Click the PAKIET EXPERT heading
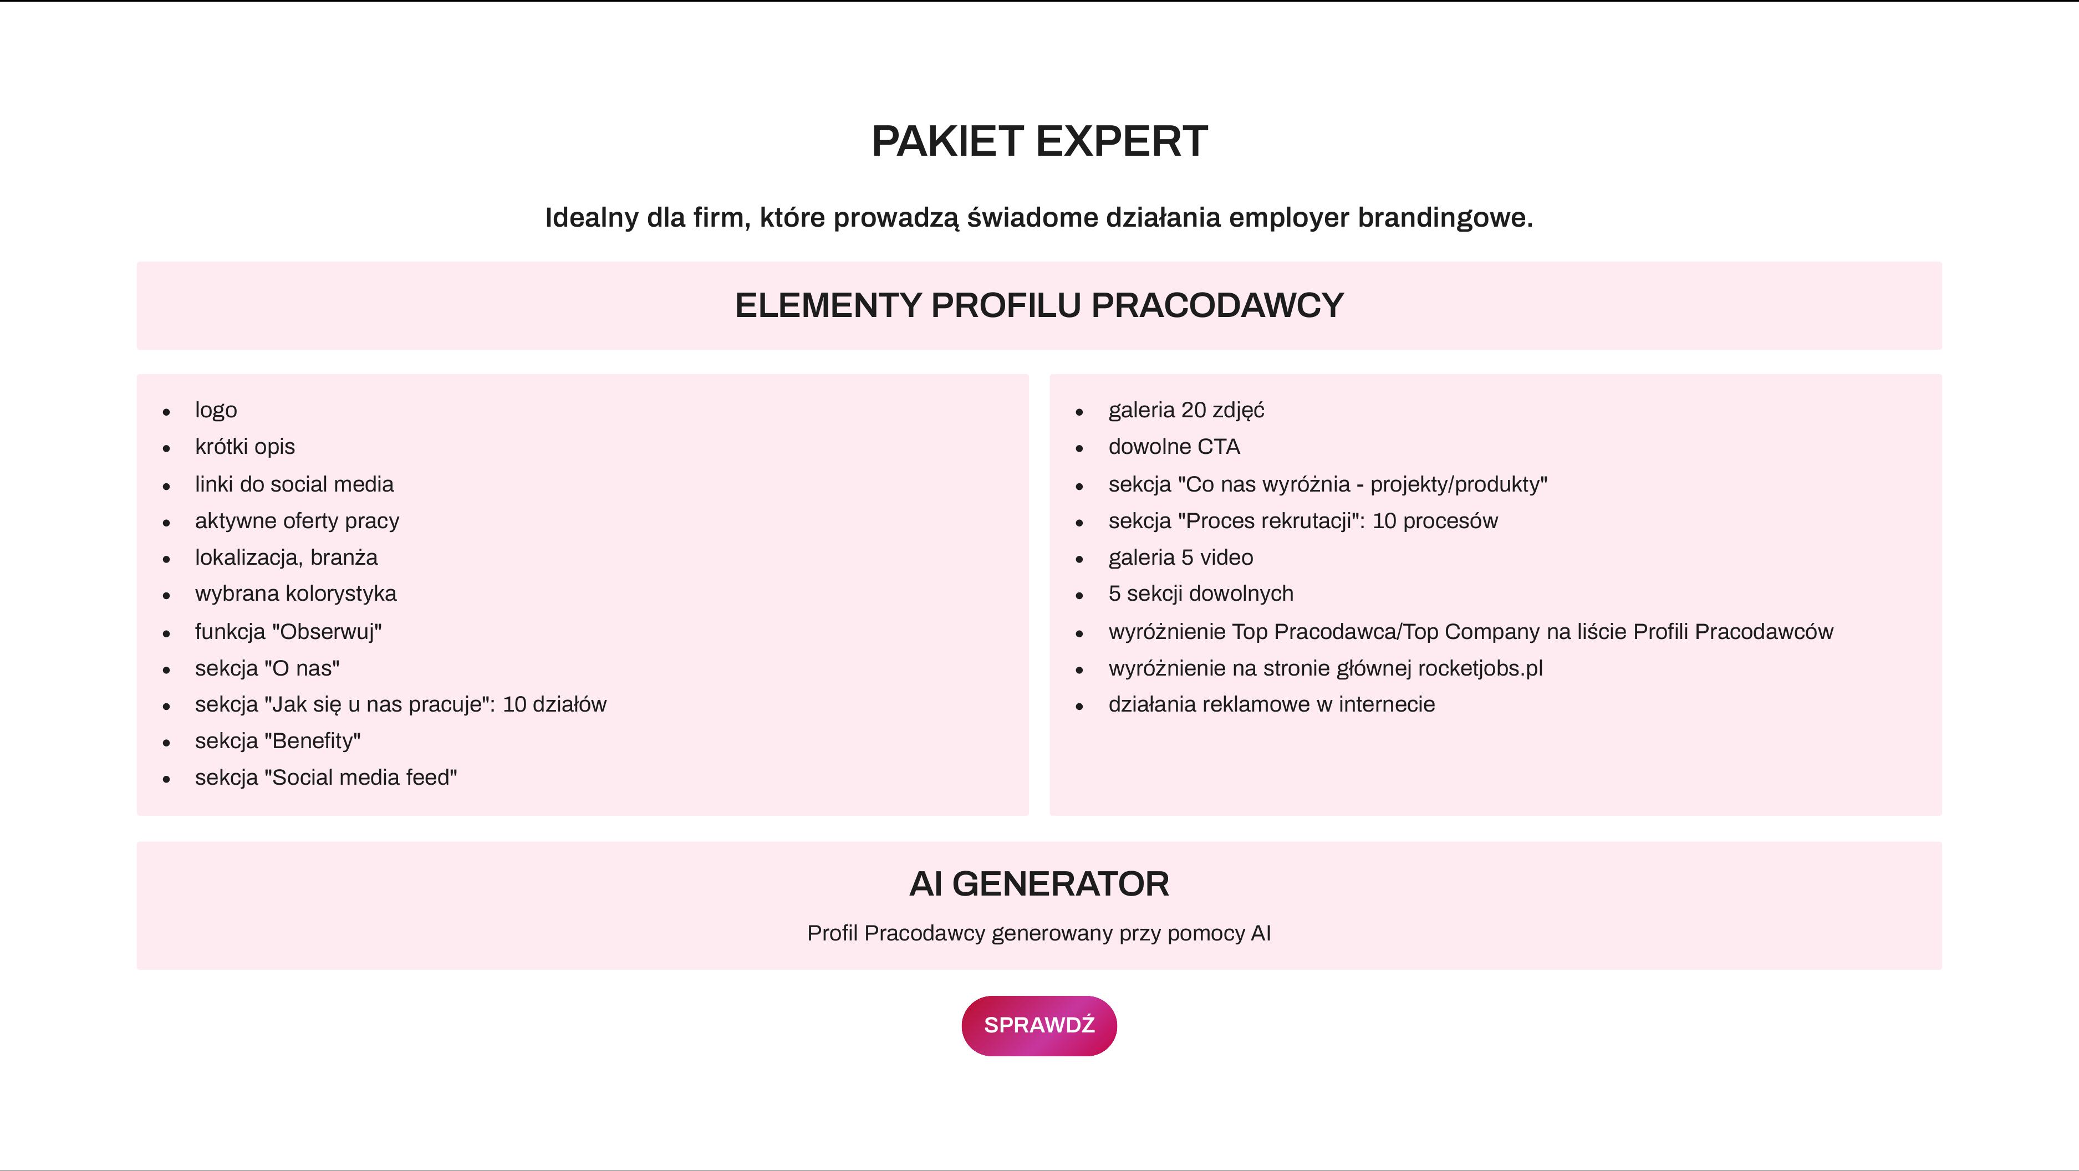(x=1039, y=141)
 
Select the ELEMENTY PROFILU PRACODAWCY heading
(x=1039, y=305)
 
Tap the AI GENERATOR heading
(x=1039, y=884)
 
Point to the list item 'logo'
(x=216, y=410)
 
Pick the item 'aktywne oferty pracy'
(x=297, y=520)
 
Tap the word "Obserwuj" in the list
(x=327, y=631)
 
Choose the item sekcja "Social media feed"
(x=326, y=777)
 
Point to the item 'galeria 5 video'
(x=1181, y=557)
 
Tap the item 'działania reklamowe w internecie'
(x=1272, y=704)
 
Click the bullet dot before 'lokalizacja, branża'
(x=166, y=559)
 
